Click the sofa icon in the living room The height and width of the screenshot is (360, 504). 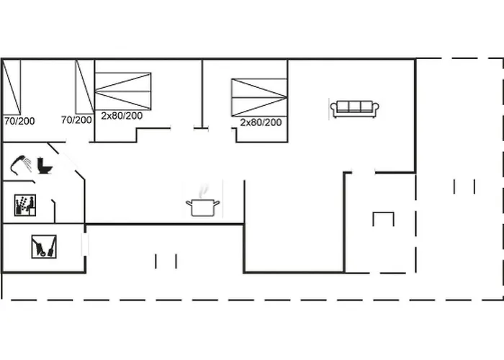[354, 108]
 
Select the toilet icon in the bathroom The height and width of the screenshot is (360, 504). [45, 166]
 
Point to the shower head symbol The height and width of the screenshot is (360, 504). [22, 165]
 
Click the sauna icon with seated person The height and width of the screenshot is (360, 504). [25, 205]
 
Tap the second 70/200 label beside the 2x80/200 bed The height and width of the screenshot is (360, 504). [76, 120]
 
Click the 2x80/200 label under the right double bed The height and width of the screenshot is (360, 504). [261, 122]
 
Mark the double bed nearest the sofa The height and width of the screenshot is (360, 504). [259, 97]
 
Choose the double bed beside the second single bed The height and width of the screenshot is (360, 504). [123, 90]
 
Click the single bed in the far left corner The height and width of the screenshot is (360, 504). [12, 86]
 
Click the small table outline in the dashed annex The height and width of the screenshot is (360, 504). [384, 219]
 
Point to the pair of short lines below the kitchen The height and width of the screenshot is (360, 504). [166, 261]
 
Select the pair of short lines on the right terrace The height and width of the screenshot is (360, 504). [464, 186]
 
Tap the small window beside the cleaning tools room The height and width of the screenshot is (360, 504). [84, 243]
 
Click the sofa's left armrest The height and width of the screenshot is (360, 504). [334, 109]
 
